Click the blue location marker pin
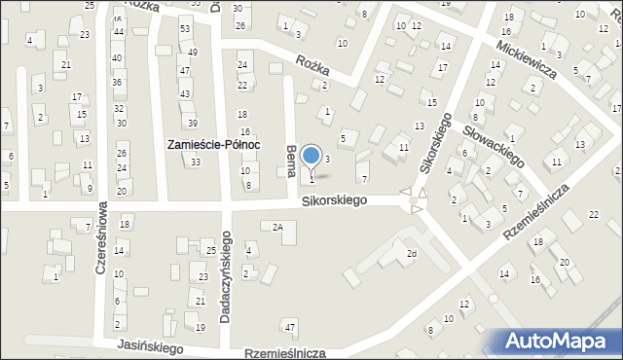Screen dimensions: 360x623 [311, 156]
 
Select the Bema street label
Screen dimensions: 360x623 [291, 161]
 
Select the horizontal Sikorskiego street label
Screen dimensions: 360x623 [334, 200]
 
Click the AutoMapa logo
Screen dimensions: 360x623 [561, 342]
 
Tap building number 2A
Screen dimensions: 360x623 [277, 227]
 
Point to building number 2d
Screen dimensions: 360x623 [412, 254]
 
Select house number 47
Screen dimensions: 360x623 [289, 324]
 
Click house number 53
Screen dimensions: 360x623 [185, 30]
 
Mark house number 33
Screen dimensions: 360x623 [196, 162]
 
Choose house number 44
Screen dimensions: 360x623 [118, 32]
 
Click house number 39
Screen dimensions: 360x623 [193, 123]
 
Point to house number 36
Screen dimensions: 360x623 [118, 82]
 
